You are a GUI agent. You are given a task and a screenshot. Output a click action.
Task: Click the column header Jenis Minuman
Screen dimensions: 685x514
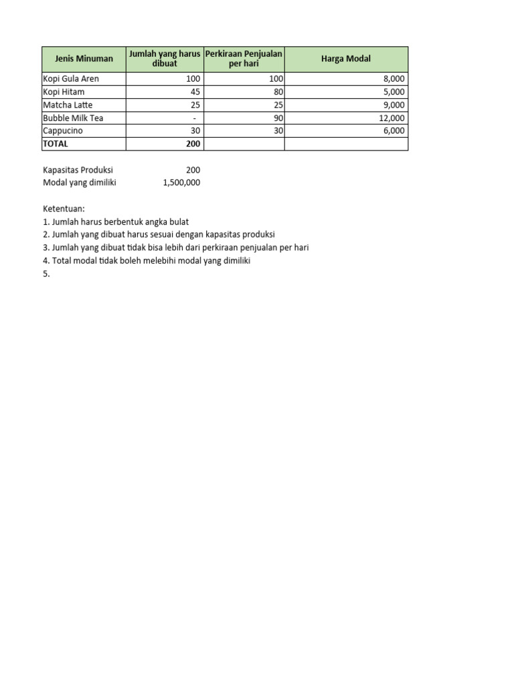tap(84, 59)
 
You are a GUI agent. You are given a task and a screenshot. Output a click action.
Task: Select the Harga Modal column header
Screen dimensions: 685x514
tap(345, 59)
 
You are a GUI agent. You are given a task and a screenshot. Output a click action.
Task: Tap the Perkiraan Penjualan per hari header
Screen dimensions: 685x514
tap(244, 59)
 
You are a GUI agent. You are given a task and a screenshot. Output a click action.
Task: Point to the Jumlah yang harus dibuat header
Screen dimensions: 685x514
tap(164, 59)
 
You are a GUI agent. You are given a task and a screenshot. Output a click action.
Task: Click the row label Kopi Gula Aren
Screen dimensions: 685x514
tap(71, 79)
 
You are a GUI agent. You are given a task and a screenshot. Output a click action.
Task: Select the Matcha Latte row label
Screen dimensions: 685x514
tap(68, 105)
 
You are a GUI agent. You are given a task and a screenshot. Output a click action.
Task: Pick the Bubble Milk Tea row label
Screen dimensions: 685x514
tap(73, 118)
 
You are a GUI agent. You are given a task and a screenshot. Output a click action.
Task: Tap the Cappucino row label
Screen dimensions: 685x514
tap(63, 131)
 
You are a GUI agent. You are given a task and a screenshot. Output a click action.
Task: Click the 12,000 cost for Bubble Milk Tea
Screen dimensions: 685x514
tap(392, 118)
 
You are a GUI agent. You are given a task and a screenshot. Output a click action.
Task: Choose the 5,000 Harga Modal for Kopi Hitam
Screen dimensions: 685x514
tap(394, 92)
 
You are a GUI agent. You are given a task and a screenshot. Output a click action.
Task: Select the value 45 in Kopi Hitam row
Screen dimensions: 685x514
tap(195, 92)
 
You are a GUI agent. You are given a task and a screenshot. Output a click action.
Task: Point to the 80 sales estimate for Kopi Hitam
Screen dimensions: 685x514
tap(278, 92)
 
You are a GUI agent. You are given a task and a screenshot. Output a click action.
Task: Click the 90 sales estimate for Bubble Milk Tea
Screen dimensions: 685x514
tap(278, 118)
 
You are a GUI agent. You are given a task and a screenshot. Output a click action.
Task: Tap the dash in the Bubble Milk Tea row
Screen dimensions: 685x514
tap(194, 118)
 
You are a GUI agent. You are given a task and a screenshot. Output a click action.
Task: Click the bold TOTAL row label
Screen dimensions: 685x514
tap(56, 144)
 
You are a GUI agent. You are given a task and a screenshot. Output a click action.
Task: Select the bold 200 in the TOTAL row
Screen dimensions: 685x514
tap(193, 144)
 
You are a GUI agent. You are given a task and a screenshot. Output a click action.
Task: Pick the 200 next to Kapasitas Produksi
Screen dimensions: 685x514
tap(193, 170)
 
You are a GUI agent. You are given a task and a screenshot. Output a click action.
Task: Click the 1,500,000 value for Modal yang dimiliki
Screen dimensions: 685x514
tap(181, 183)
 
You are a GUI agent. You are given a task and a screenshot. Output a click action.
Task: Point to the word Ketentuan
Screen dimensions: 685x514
tap(64, 209)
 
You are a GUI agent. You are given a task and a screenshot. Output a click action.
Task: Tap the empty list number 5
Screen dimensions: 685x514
tap(47, 274)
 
